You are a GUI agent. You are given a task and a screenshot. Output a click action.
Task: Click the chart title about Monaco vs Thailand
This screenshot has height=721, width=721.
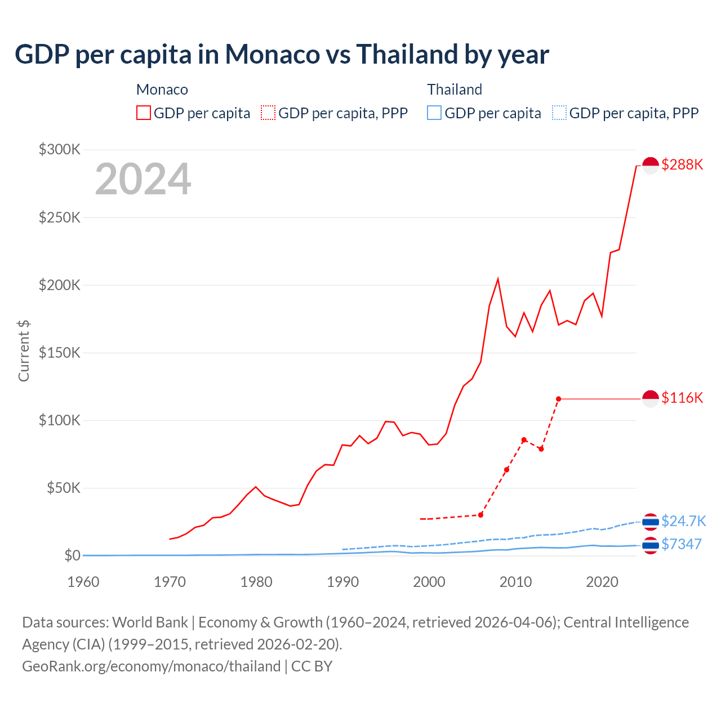pos(282,55)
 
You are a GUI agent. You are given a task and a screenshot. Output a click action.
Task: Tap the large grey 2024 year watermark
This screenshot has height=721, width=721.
pos(143,179)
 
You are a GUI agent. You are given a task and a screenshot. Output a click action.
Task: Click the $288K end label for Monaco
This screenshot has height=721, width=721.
pos(682,164)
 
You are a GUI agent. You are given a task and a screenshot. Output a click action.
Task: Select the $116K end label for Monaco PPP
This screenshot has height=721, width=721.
pos(682,398)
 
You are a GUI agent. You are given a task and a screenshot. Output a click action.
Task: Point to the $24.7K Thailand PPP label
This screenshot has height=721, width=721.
pos(683,521)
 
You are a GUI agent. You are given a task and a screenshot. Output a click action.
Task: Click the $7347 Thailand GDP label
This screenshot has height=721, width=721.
pos(681,544)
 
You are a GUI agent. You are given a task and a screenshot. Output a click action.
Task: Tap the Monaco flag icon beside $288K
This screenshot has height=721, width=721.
pos(651,165)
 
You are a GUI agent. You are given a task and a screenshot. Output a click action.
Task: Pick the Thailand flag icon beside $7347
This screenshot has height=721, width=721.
pos(651,545)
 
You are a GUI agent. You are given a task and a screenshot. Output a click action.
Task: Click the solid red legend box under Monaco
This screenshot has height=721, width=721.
pos(144,113)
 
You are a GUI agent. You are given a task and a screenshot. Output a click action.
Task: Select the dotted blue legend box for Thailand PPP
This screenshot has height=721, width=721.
pos(559,113)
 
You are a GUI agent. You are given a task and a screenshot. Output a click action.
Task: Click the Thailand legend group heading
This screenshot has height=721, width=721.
pos(454,90)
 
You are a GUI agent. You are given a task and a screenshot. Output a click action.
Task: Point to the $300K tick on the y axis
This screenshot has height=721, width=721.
pos(60,149)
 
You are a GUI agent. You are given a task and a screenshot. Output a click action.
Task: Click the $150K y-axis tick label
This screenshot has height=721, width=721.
pos(60,353)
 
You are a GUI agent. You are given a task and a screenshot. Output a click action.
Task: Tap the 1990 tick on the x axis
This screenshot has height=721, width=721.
pos(342,582)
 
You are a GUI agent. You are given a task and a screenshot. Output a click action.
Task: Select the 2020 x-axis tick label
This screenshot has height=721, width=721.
pos(602,582)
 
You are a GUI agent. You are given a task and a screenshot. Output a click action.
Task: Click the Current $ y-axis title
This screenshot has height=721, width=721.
pos(24,350)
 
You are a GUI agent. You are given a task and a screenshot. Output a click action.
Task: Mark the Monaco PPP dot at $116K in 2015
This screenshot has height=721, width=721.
pos(559,399)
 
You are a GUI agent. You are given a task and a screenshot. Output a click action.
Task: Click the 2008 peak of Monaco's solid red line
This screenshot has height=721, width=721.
pos(498,279)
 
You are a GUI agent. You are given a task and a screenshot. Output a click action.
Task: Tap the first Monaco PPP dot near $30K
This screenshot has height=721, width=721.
pos(480,515)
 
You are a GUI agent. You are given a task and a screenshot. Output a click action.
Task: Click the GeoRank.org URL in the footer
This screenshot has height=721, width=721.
pos(151,666)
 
